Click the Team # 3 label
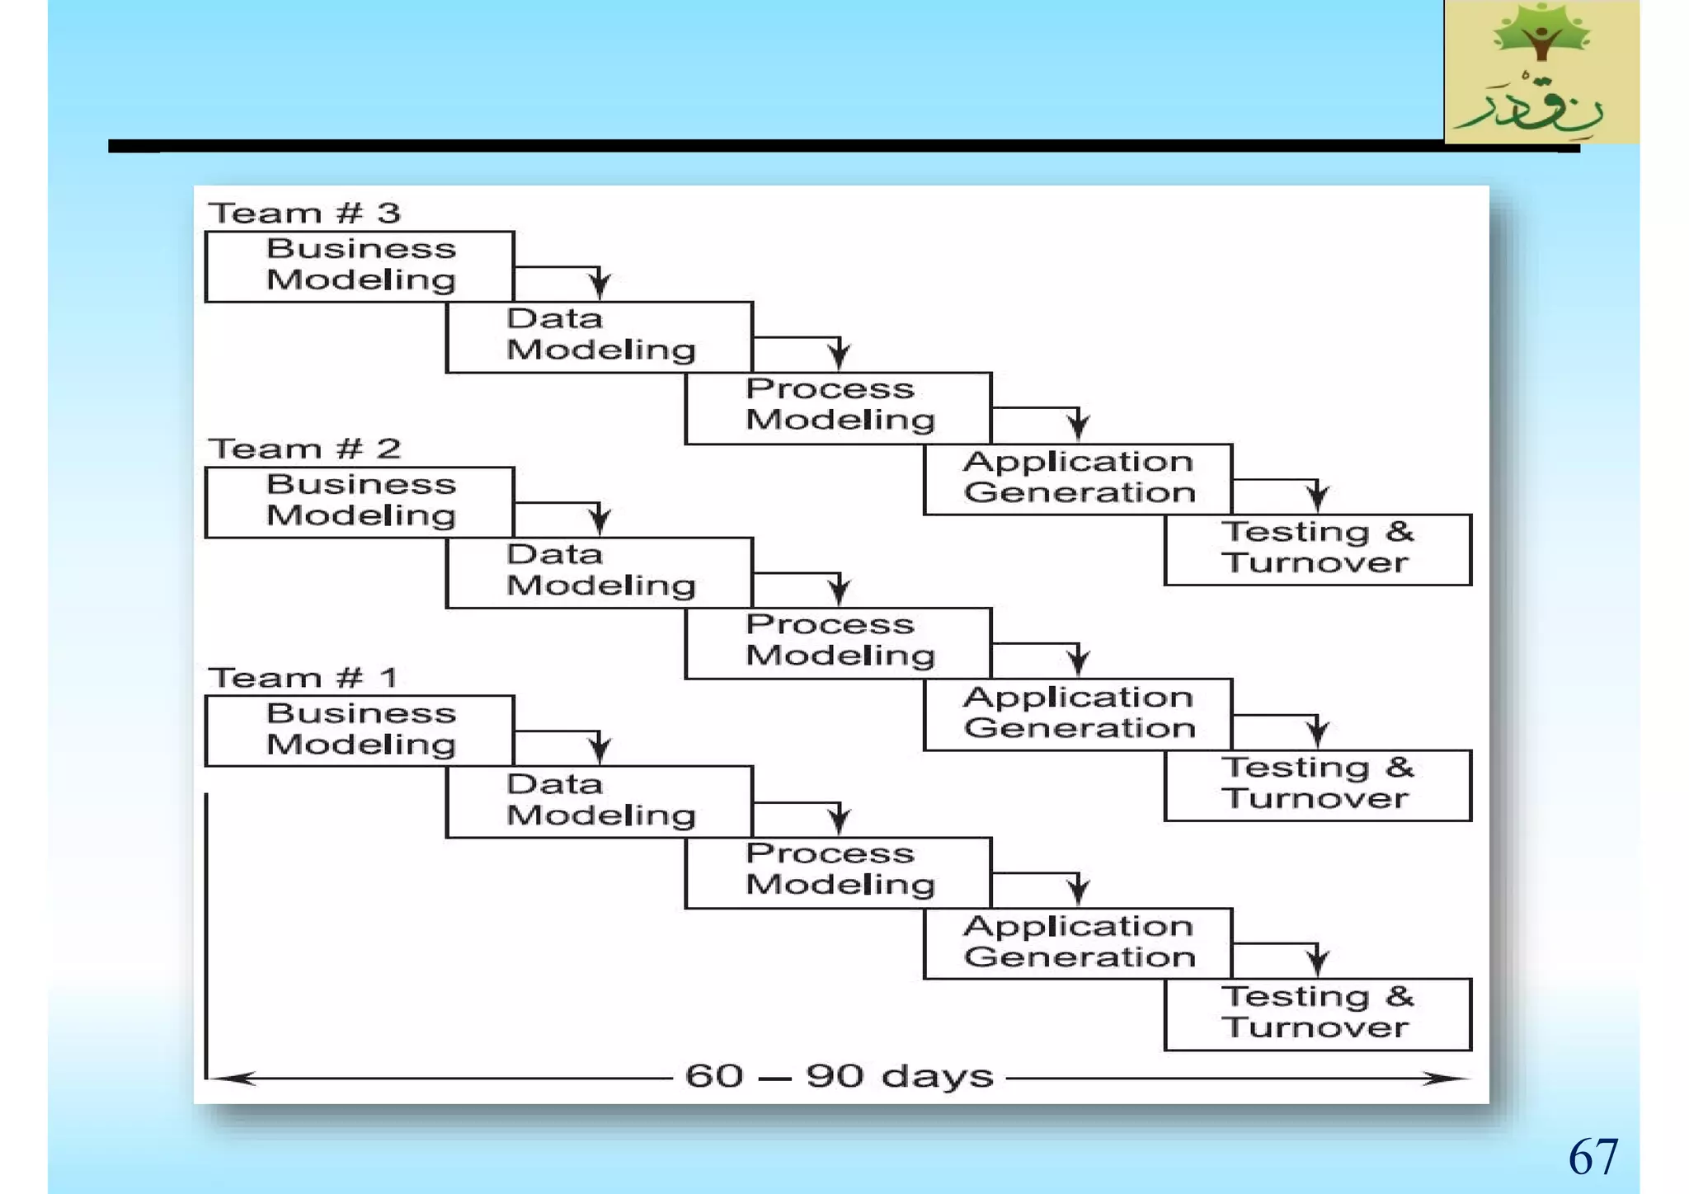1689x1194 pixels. (x=304, y=214)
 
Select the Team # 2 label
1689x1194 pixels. (x=304, y=449)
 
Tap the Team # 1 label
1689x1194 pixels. (x=303, y=678)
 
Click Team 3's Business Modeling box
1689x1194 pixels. (x=360, y=266)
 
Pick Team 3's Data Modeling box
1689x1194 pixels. (x=600, y=336)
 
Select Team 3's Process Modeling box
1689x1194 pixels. (x=839, y=407)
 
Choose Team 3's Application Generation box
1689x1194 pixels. (x=1078, y=478)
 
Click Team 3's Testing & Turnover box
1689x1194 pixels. (x=1317, y=549)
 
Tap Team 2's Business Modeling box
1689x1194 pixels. (x=360, y=501)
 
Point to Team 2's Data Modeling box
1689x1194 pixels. (x=600, y=572)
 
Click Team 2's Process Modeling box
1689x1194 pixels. (x=839, y=642)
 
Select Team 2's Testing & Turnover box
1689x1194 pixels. (x=1317, y=784)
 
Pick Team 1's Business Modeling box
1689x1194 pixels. (x=360, y=731)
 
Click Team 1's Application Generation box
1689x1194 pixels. (x=1078, y=943)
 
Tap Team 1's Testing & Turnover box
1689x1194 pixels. (x=1317, y=1013)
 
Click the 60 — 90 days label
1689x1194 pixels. (x=839, y=1076)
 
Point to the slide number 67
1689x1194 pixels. (x=1593, y=1156)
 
